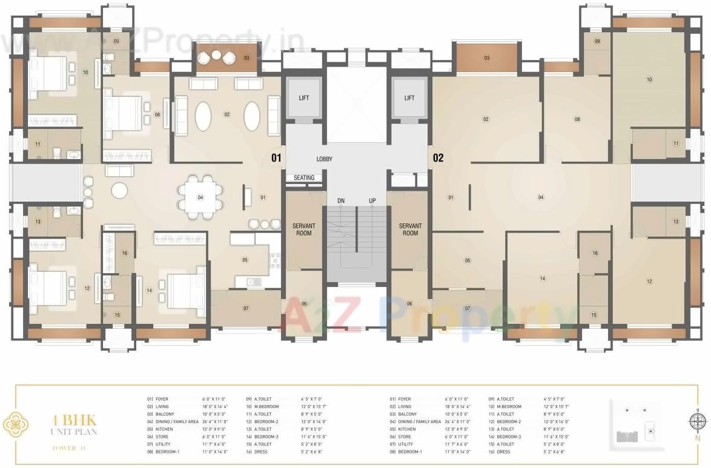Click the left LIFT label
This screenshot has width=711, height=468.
pos(304,98)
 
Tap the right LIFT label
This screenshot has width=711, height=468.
pos(409,98)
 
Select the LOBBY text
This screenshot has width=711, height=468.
pos(324,159)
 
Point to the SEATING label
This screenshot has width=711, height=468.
pos(304,178)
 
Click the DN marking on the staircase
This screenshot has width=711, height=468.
pos(340,201)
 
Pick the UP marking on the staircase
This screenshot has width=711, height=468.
pos(372,201)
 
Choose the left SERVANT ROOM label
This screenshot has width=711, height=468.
pos(304,229)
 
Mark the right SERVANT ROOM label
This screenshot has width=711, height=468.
pos(410,229)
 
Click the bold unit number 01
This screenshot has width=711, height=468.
pos(276,159)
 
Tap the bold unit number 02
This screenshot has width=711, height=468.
pos(438,159)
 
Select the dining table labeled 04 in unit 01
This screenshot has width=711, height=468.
pos(200,197)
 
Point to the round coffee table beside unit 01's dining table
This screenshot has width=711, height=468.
pos(119,190)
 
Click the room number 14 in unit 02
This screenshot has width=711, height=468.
pos(542,279)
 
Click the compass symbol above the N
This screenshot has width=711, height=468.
pos(697,420)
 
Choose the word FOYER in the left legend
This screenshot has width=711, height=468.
pos(162,400)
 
